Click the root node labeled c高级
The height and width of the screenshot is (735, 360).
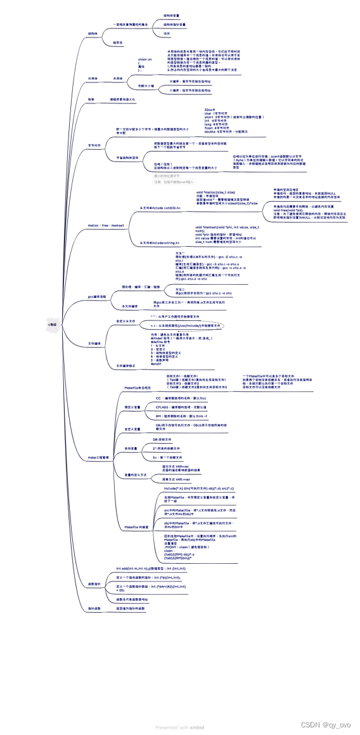pos(53,324)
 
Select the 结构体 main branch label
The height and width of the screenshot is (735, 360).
pos(93,33)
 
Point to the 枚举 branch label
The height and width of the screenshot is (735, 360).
pos(91,100)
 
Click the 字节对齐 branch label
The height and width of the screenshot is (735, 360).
pos(94,145)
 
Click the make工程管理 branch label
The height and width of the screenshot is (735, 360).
pos(99,456)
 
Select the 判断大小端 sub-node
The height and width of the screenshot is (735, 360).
pos(147,84)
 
